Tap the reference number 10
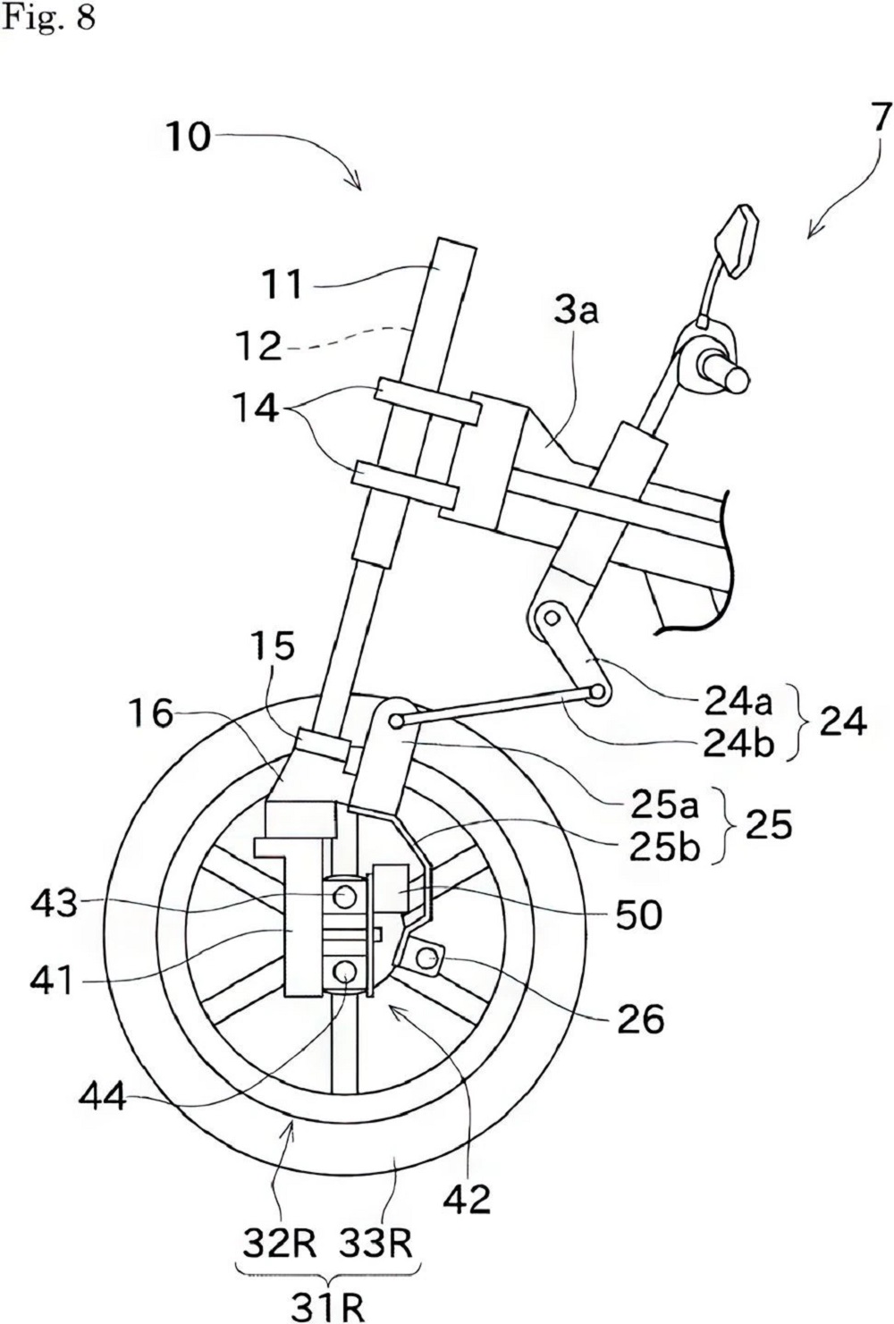click(x=188, y=137)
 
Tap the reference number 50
click(x=638, y=915)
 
